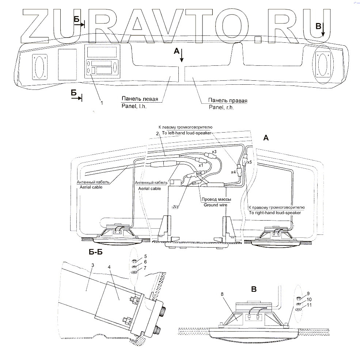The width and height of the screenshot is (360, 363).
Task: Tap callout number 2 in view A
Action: pyautogui.click(x=157, y=134)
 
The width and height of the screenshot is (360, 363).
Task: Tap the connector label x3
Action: pyautogui.click(x=215, y=151)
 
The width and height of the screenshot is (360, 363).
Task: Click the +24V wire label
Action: pyautogui.click(x=175, y=207)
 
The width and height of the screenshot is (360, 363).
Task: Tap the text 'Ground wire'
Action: pyautogui.click(x=216, y=205)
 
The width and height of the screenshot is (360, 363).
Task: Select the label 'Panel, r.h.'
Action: pyautogui.click(x=221, y=107)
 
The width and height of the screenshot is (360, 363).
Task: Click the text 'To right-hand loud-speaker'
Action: pyautogui.click(x=274, y=213)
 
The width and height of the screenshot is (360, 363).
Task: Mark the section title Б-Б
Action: pyautogui.click(x=96, y=252)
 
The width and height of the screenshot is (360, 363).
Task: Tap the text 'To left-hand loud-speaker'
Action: pyautogui.click(x=187, y=133)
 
